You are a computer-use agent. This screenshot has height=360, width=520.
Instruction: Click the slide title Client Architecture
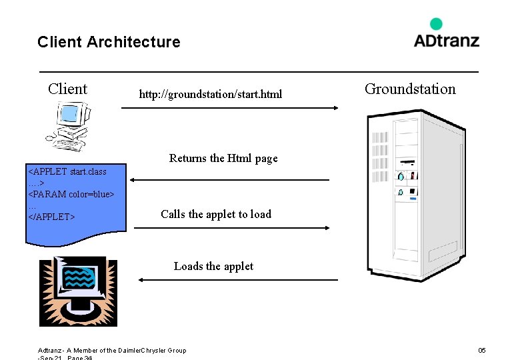click(109, 42)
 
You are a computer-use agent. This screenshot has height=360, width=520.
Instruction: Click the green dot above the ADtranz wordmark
click(436, 24)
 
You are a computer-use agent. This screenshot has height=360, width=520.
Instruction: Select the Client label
click(67, 89)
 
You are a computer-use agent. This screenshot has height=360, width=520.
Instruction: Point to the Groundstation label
click(410, 89)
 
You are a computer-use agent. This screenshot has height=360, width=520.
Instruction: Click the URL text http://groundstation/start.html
click(210, 94)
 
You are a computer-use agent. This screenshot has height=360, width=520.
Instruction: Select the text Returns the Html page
click(223, 158)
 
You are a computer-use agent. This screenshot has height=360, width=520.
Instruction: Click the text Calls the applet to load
click(216, 214)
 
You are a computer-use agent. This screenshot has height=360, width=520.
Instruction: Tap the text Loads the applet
click(213, 266)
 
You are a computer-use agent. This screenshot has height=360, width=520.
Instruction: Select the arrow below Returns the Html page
click(230, 179)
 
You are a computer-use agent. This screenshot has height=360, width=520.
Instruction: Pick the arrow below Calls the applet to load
click(232, 228)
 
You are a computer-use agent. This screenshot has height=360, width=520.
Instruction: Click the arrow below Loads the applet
click(238, 280)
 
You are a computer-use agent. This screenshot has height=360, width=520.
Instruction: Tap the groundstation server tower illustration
click(415, 193)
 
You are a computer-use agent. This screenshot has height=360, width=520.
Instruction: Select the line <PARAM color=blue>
click(71, 194)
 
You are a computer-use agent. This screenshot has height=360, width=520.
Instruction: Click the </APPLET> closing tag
click(51, 217)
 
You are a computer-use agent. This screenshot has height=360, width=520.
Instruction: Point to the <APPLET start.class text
click(67, 171)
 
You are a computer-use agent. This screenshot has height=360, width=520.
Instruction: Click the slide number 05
click(482, 350)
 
